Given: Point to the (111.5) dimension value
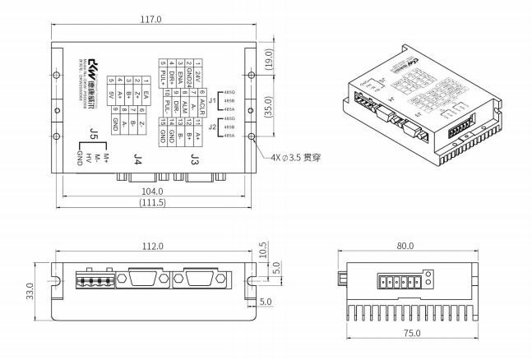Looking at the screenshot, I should click(x=153, y=202).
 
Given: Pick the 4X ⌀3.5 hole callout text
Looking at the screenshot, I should click(x=301, y=157).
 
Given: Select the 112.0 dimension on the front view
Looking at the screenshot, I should click(x=152, y=246).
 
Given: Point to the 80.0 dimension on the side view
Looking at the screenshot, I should click(x=405, y=246).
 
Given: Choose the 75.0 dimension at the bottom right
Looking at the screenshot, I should click(x=412, y=333).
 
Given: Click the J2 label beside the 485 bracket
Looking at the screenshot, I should click(x=212, y=127).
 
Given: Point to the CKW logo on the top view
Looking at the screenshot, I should click(x=94, y=63).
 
